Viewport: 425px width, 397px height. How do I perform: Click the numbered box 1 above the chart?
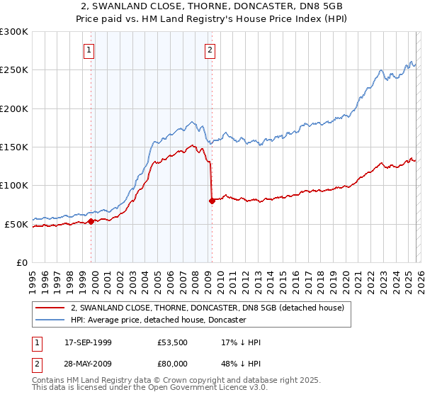[89, 50]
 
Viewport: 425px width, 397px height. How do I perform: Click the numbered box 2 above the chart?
[210, 50]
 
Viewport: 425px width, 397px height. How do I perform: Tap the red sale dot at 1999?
[91, 222]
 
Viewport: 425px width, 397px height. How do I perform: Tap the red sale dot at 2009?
[212, 201]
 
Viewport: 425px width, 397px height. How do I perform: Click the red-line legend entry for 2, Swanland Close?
[207, 308]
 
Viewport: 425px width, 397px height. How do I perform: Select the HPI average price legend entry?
[157, 320]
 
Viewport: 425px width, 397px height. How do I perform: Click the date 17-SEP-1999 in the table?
[88, 340]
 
